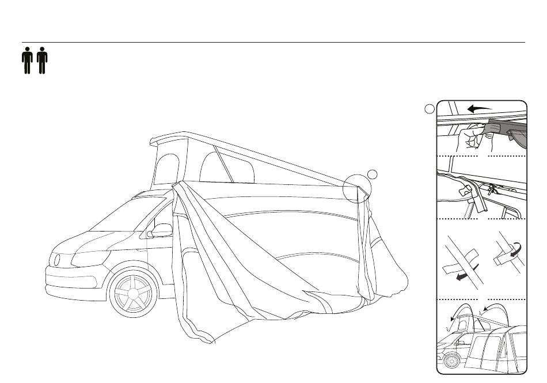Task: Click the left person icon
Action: pos(26,61)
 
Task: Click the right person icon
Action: pos(41,61)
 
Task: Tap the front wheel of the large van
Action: pos(132,294)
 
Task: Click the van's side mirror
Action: pos(161,231)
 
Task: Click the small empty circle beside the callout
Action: pos(373,174)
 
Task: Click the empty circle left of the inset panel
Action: pos(430,109)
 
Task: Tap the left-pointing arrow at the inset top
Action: pos(479,107)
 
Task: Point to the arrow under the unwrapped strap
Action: pos(460,276)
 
